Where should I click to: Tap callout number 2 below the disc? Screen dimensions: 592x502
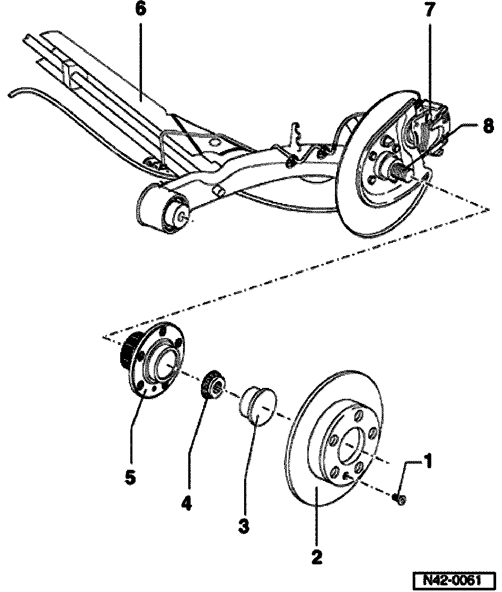coord(316,556)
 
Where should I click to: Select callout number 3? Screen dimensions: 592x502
coord(244,526)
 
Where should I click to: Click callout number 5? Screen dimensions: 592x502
coord(130,476)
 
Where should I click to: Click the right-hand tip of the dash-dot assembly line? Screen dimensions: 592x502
coord(488,210)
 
